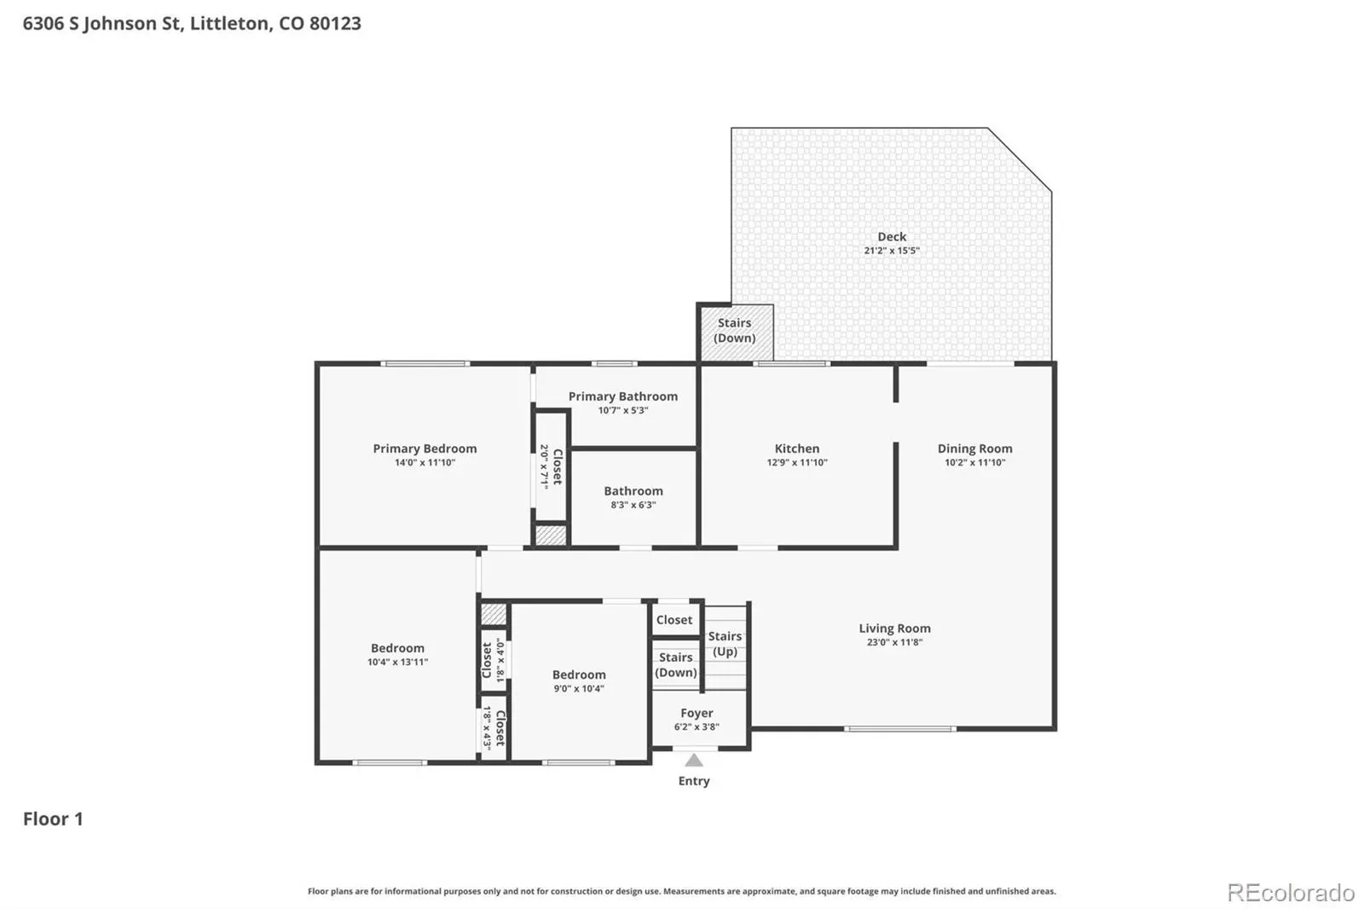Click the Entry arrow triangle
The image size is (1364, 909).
(x=694, y=761)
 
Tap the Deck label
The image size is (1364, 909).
(x=892, y=236)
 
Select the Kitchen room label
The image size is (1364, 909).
(x=796, y=449)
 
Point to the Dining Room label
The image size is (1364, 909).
(x=974, y=449)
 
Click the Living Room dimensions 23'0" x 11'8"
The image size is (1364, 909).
(x=894, y=642)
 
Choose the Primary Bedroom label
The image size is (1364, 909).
(x=425, y=449)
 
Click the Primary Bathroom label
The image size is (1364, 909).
(x=623, y=396)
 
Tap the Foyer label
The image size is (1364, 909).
(x=696, y=713)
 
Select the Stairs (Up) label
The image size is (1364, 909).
(x=725, y=643)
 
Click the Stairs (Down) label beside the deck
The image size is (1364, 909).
(x=734, y=330)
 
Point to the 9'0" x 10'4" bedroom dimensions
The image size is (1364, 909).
(x=579, y=688)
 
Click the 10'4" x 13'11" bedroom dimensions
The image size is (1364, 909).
(x=397, y=662)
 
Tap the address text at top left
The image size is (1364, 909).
(x=192, y=23)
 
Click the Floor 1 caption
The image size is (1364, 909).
(x=53, y=819)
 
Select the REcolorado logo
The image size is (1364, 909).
(x=1291, y=893)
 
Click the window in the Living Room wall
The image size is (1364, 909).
(x=899, y=729)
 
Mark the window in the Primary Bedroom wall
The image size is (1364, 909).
(x=425, y=364)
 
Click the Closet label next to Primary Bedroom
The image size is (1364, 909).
(x=557, y=466)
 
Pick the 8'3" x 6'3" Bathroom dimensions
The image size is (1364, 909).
(x=633, y=505)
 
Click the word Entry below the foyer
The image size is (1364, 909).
(x=694, y=781)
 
